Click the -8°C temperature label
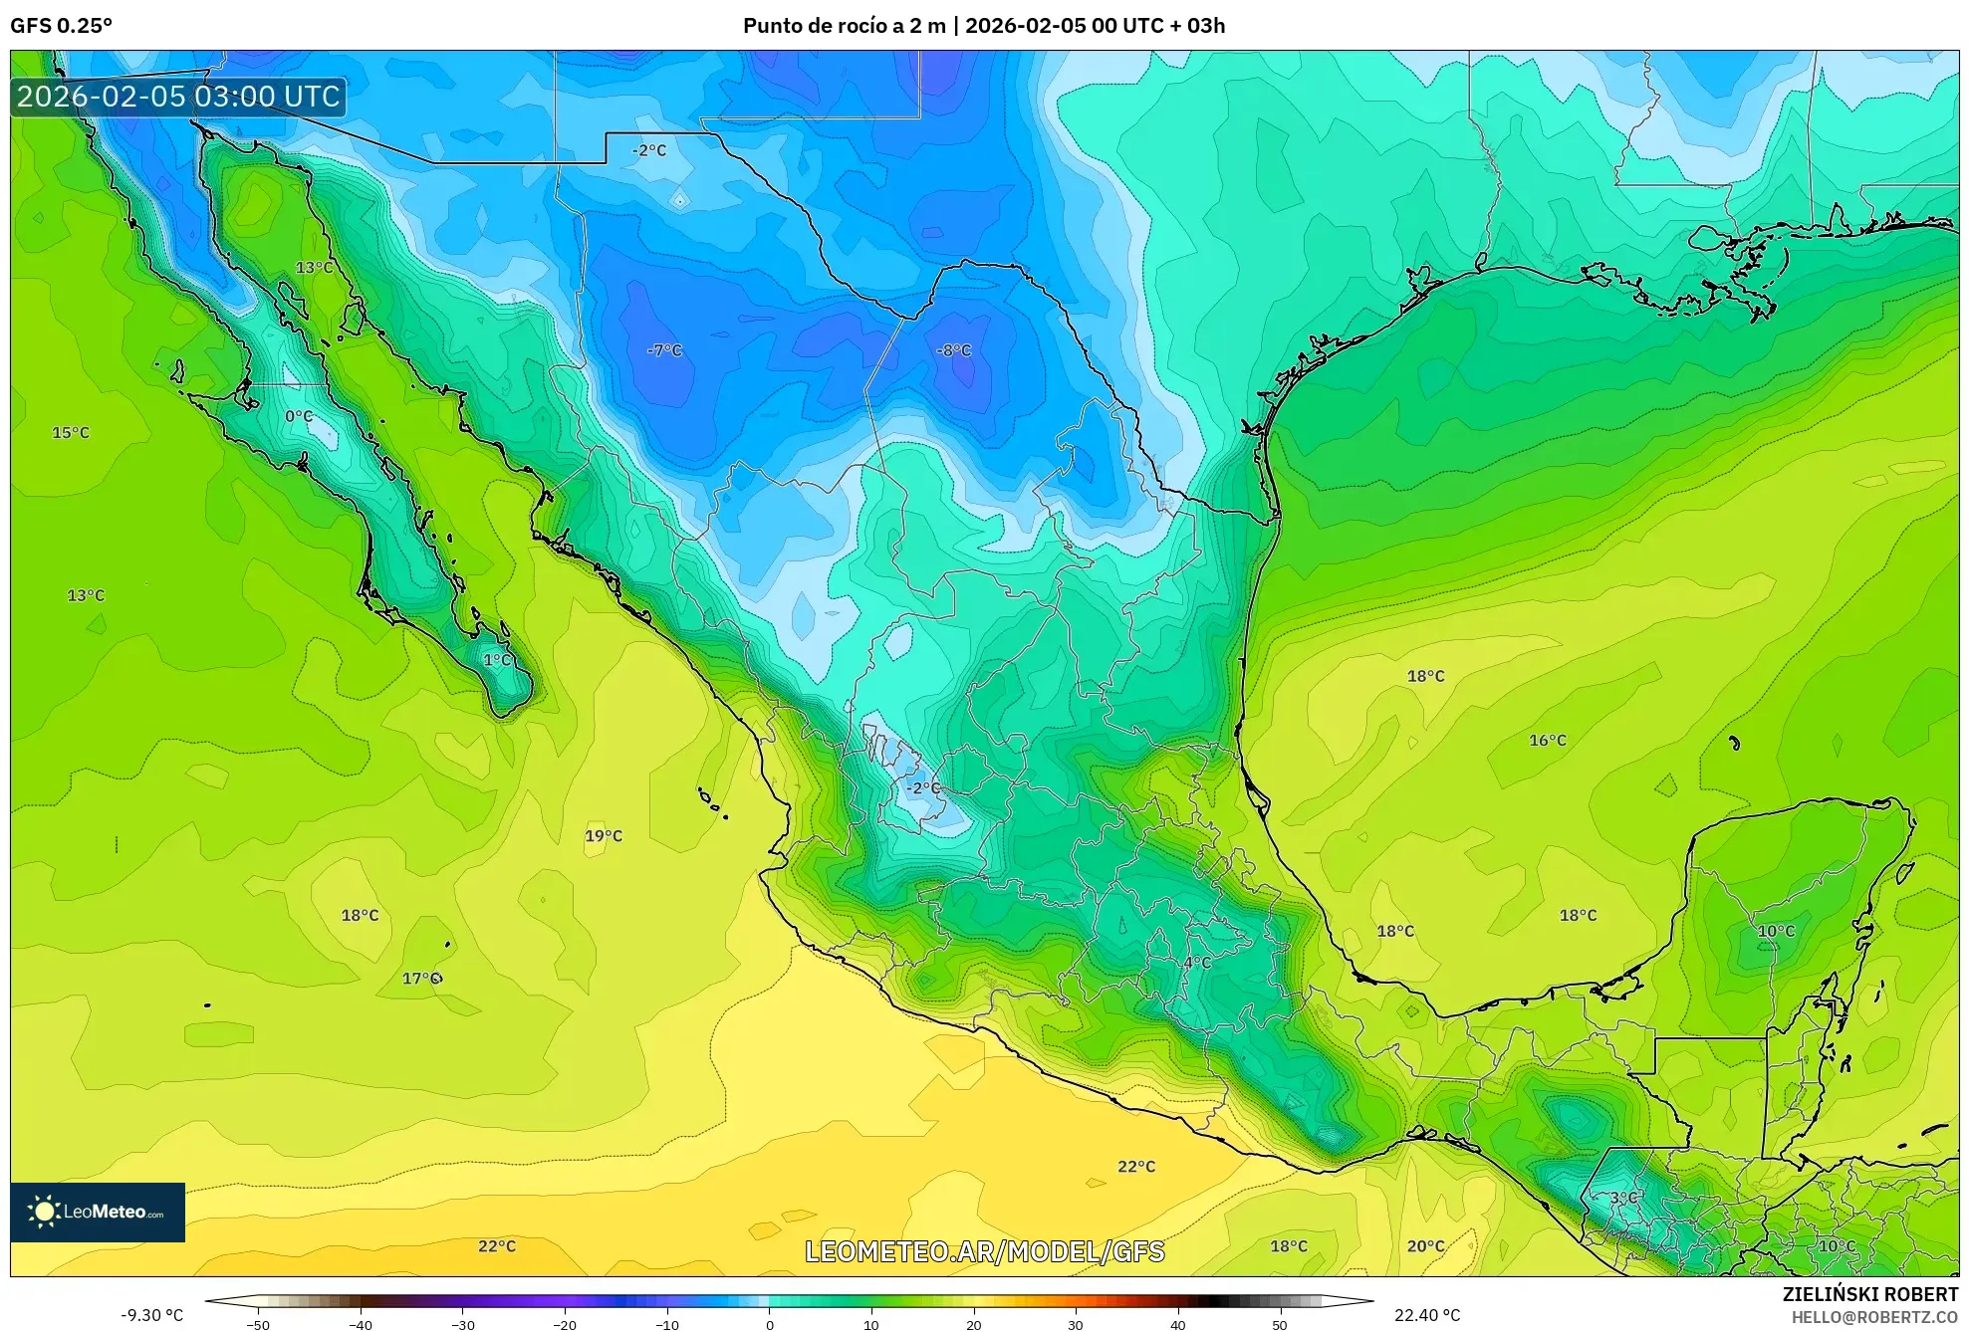pos(953,350)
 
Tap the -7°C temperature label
pos(664,350)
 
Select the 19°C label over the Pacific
pos(603,836)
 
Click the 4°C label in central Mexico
pos(1197,963)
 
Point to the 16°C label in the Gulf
pos(1547,741)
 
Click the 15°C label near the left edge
pos(71,433)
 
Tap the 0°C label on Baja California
pos(299,416)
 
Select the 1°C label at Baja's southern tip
pos(497,660)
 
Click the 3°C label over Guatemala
pos(1623,1198)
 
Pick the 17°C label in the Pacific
pos(420,979)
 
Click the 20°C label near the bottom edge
pos(1425,1246)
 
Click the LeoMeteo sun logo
pos(44,1212)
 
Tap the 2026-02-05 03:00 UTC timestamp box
pos(178,97)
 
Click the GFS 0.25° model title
pos(62,26)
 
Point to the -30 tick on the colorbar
pos(463,1324)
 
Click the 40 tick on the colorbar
pos(1177,1324)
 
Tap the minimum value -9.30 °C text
pos(152,1315)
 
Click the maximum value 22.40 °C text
pos(1426,1315)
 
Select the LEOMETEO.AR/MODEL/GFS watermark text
pos(984,1251)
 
